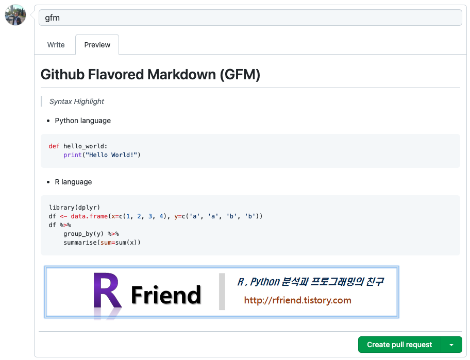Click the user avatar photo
tap(15, 15)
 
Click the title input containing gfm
tap(250, 18)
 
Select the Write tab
tap(56, 45)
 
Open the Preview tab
tap(97, 45)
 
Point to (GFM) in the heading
tap(240, 75)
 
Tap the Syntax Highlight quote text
tap(77, 101)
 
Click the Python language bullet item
tap(82, 121)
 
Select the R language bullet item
tap(73, 182)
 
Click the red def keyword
tap(54, 146)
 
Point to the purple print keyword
tap(73, 155)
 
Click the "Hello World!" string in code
tap(113, 155)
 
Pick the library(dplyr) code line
tap(75, 208)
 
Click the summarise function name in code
tap(80, 243)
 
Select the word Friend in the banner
tap(165, 295)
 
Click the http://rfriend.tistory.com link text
tap(297, 300)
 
